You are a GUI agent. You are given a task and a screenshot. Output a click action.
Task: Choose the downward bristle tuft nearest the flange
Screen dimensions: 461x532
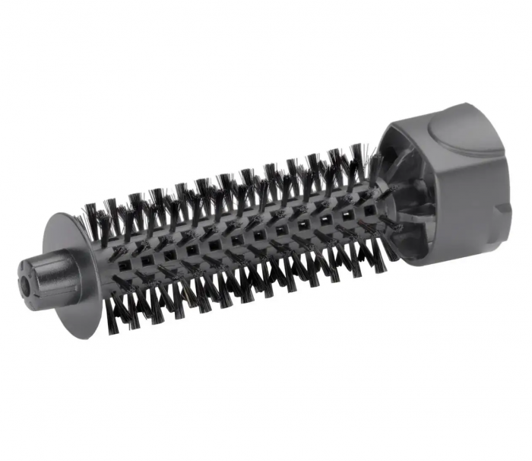(122, 304)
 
